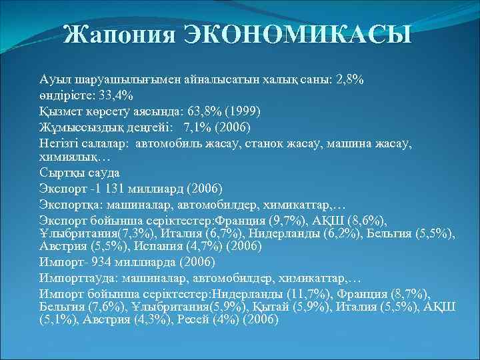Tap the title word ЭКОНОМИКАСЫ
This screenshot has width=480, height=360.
point(297,35)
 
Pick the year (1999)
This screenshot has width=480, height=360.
point(247,110)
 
